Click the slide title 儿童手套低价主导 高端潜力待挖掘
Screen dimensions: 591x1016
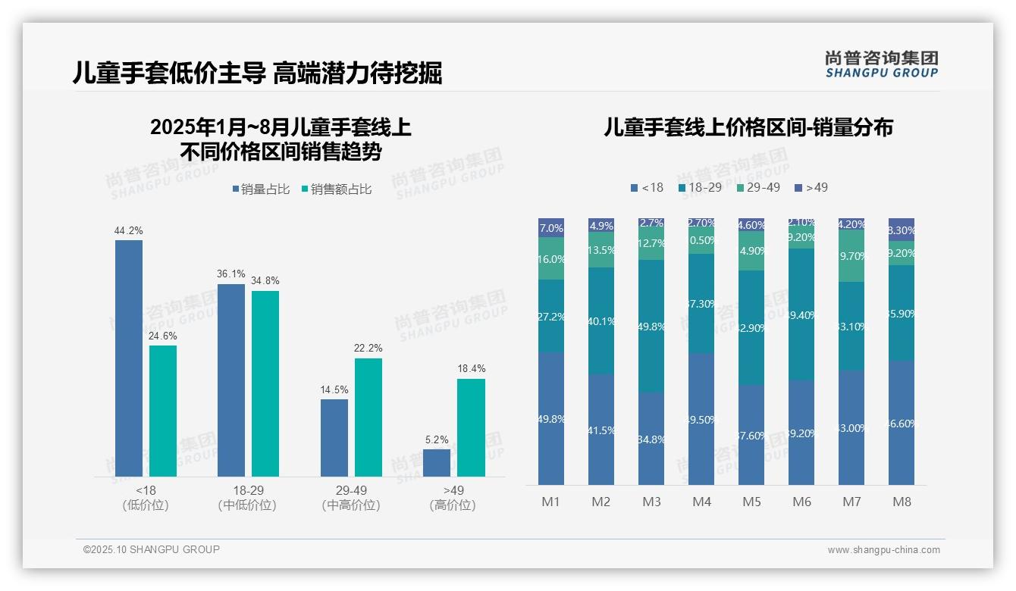pos(257,73)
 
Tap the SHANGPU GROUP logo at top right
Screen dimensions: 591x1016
pos(881,64)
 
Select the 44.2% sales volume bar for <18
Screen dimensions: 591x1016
pos(129,358)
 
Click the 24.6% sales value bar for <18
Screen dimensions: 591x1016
pos(163,411)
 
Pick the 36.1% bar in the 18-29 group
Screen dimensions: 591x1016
pos(231,380)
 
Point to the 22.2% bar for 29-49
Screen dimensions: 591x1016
pos(368,417)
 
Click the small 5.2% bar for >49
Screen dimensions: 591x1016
pos(437,462)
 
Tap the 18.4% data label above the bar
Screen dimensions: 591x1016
pos(471,369)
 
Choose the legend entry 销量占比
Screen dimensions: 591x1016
pos(261,189)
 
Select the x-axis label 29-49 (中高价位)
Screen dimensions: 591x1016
pos(351,498)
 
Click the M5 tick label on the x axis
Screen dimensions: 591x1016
pos(751,502)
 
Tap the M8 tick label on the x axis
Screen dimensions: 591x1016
pos(902,502)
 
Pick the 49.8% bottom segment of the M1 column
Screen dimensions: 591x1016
pos(551,418)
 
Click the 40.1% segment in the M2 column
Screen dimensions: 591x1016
pos(601,321)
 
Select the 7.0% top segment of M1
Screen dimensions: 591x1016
pos(551,228)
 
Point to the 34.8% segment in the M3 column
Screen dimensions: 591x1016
pos(651,438)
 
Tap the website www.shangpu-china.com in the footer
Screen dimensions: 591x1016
pos(883,550)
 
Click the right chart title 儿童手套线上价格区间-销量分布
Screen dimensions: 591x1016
pos(748,127)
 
